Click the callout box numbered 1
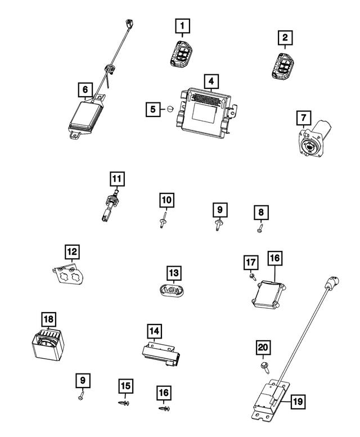coord(182,25)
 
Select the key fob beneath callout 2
coord(283,63)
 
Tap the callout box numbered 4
coord(210,82)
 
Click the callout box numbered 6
coord(84,89)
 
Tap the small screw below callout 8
coord(260,228)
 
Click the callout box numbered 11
coord(116,179)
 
